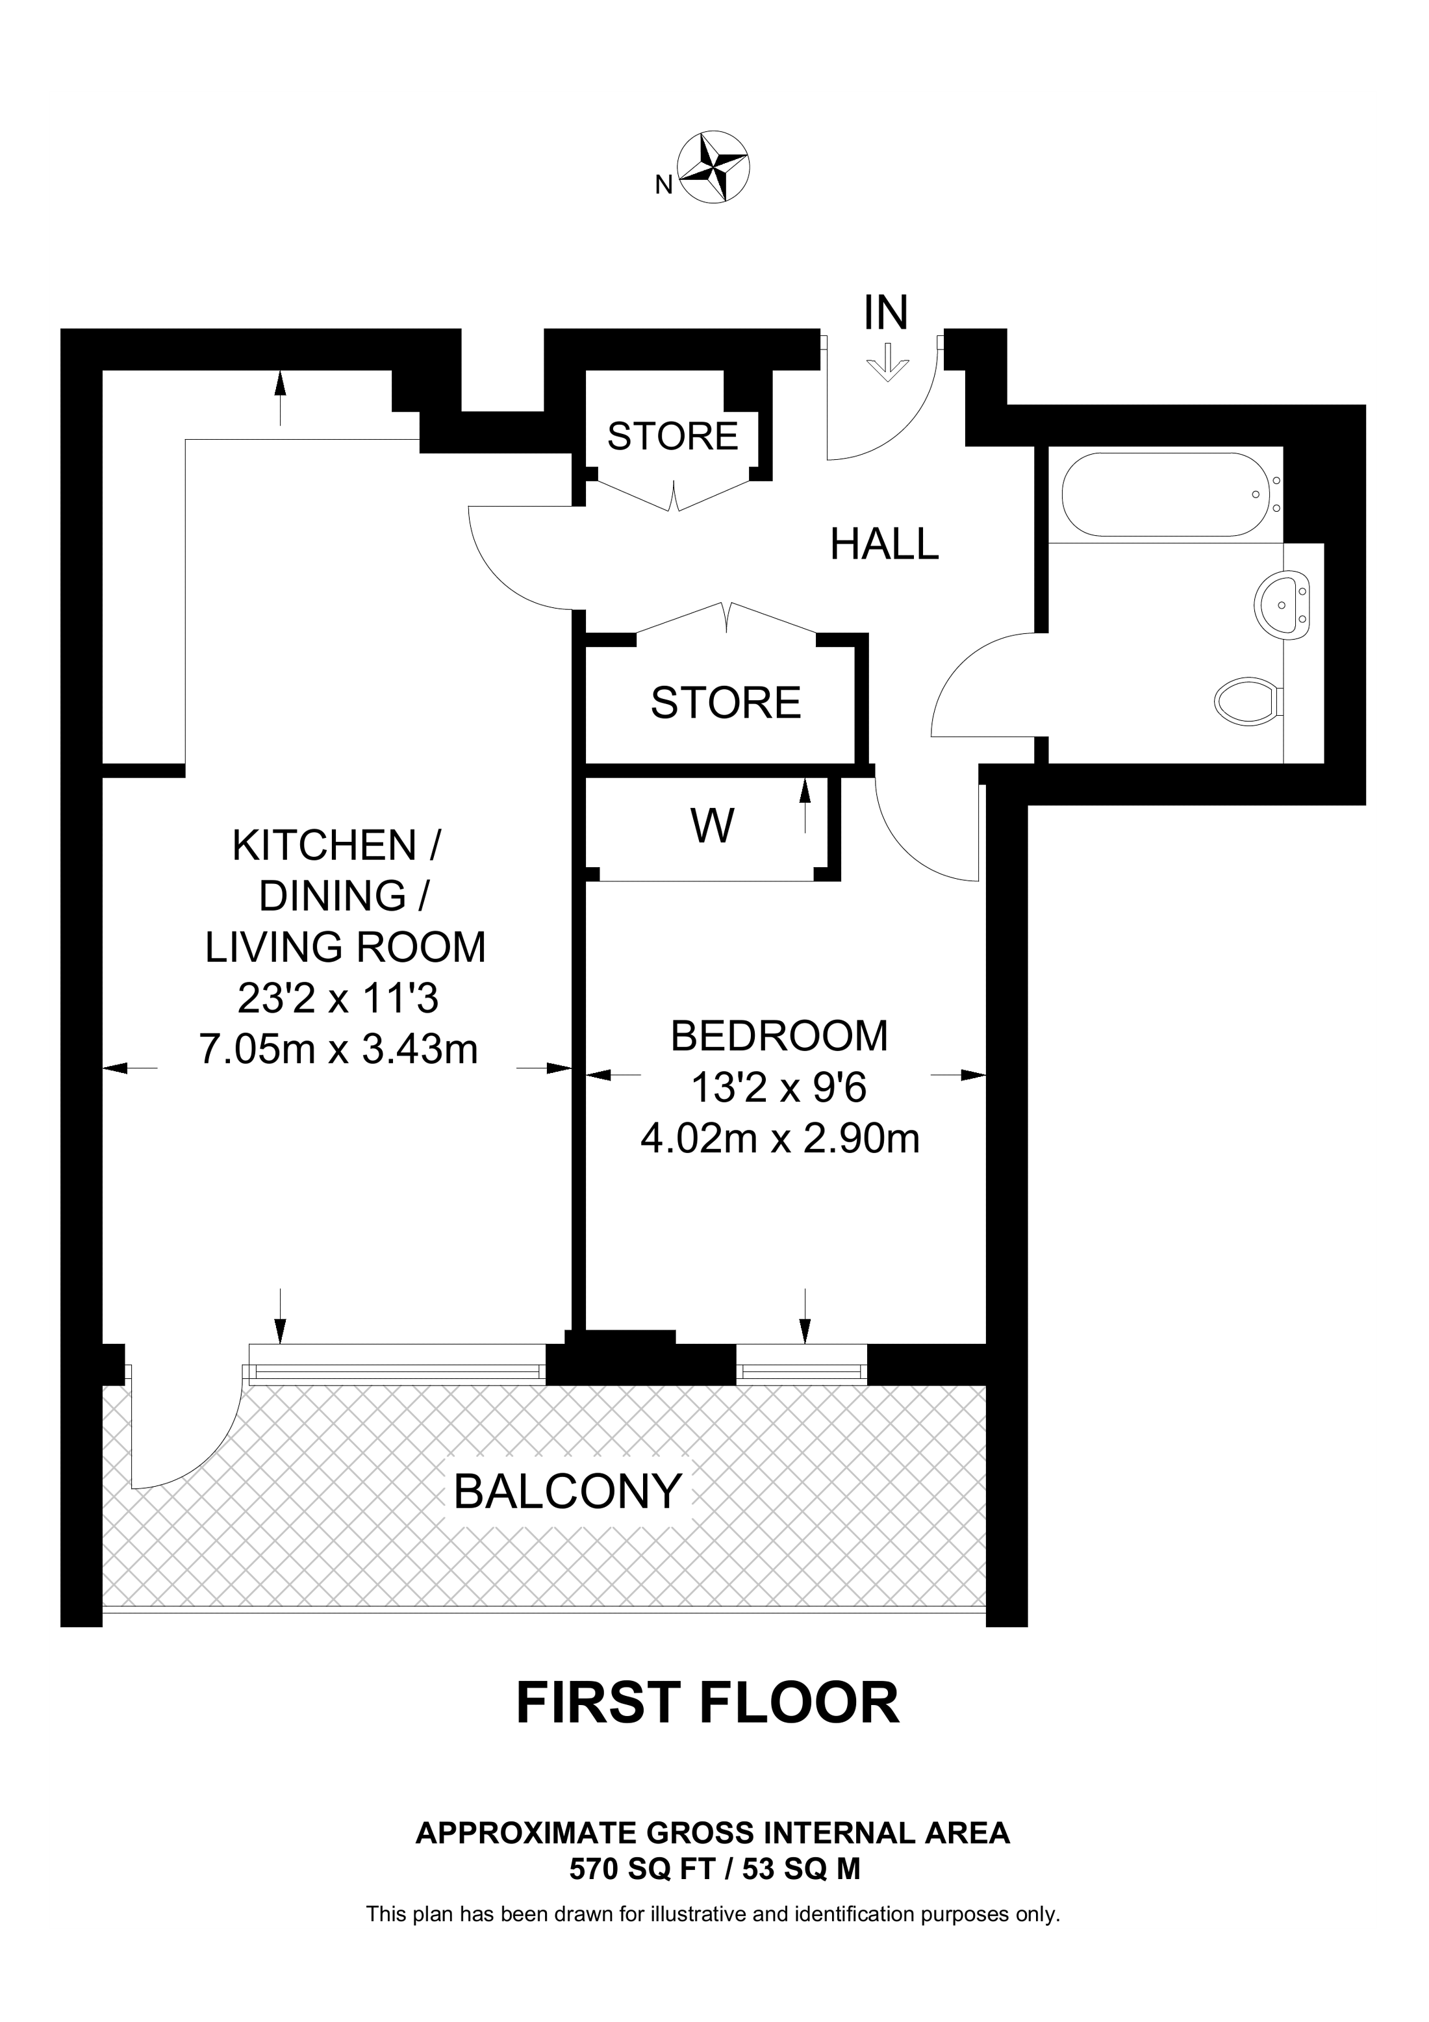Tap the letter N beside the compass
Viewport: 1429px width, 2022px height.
(664, 184)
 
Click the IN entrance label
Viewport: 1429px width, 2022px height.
(886, 312)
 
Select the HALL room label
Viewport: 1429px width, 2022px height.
(885, 544)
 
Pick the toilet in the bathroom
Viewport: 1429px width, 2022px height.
(1248, 701)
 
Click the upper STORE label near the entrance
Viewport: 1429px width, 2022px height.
(673, 436)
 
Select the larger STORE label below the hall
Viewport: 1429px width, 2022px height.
(726, 703)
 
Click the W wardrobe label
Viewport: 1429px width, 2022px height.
(713, 826)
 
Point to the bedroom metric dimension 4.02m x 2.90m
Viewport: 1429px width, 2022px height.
(779, 1139)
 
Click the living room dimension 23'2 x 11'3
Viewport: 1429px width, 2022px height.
(339, 999)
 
